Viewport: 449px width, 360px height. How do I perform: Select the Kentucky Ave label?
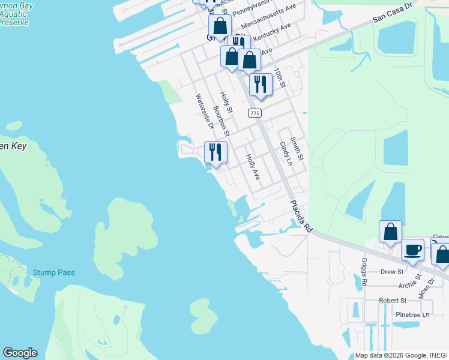[x=272, y=34]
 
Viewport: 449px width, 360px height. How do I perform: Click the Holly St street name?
[x=226, y=103]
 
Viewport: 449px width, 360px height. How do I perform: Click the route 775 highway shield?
[x=255, y=113]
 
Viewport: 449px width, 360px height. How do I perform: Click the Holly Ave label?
[x=253, y=167]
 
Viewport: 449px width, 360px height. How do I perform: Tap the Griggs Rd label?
[x=364, y=273]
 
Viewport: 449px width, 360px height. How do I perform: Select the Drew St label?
[x=392, y=272]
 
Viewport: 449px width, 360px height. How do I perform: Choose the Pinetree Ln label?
[x=413, y=314]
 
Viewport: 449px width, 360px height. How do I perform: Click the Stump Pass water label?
[x=54, y=272]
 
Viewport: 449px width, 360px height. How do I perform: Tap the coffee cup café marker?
[x=412, y=250]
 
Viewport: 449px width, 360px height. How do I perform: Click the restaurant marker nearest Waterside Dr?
[x=215, y=152]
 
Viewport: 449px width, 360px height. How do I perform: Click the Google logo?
[x=20, y=353]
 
